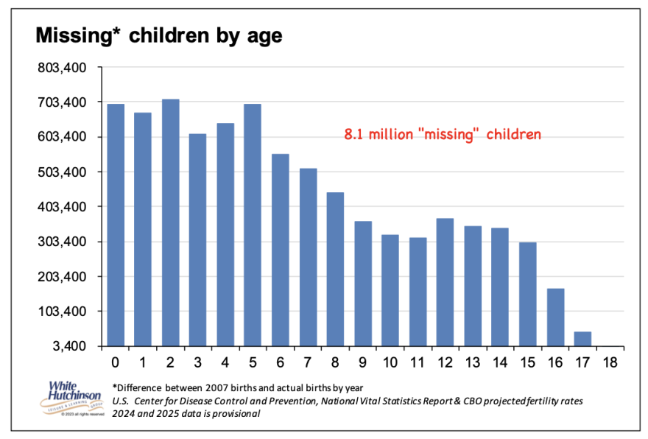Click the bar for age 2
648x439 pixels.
171,222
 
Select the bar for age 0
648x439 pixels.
116,225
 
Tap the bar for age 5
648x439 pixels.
253,225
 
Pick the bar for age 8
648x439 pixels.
335,269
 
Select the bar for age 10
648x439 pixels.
390,290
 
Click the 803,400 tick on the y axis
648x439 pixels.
62,68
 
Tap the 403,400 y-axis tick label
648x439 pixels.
62,207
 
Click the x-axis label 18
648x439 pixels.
610,362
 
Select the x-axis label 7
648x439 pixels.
308,362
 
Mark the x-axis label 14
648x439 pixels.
500,362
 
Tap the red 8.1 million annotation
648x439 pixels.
443,135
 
